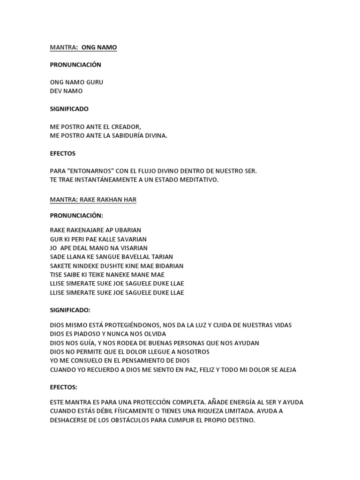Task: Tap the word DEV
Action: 56,91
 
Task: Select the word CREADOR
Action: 125,127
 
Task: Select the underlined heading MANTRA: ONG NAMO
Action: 83,47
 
